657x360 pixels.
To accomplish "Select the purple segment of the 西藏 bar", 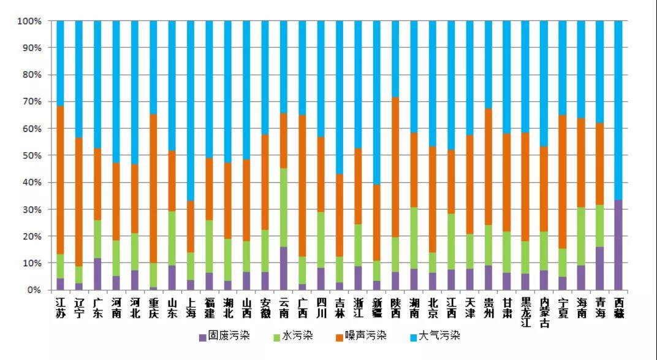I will point(618,245).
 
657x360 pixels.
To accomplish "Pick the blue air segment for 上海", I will point(191,110).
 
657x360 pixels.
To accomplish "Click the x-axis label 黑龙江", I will point(525,310).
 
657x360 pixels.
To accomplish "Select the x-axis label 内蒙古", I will point(544,310).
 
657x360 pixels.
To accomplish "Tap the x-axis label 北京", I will point(433,305).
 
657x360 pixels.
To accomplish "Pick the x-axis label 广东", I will point(97,305).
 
